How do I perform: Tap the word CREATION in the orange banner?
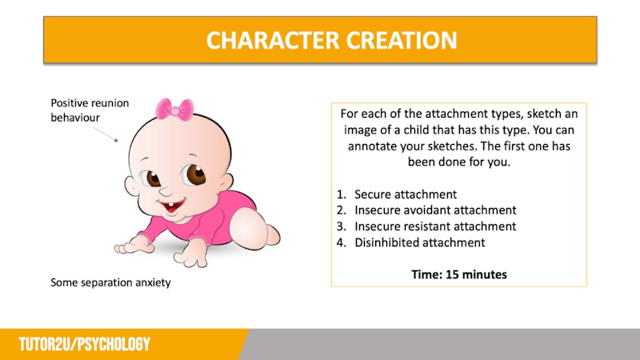402,41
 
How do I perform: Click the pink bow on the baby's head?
174,110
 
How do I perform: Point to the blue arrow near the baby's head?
106,134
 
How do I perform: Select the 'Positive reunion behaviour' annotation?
90,110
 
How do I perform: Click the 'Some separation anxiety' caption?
110,282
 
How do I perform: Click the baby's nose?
166,191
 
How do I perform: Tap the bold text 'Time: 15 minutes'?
459,274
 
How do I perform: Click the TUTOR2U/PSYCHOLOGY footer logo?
85,345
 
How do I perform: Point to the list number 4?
341,243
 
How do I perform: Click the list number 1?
341,194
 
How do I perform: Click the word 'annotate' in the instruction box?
372,146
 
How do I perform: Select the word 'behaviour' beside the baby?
75,118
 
